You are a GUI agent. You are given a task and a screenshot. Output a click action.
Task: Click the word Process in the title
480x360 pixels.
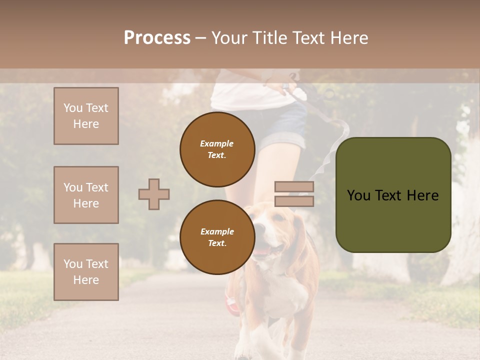[x=157, y=38]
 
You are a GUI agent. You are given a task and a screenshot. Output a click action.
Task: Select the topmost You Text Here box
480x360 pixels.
[x=86, y=116]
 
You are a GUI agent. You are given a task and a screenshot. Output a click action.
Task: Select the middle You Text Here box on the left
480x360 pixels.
[x=86, y=195]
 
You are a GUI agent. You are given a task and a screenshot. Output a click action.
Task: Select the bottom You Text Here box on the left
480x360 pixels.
[x=86, y=271]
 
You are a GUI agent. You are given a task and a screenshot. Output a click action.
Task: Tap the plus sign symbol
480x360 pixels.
[x=154, y=194]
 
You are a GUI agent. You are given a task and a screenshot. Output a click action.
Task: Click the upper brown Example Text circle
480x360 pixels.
[x=217, y=149]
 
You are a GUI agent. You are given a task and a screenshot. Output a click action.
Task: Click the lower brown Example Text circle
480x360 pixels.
[x=217, y=237]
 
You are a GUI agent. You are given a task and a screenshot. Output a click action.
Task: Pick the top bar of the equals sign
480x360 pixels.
[x=294, y=187]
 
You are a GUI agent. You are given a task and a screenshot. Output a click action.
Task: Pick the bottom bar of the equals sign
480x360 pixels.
[x=294, y=201]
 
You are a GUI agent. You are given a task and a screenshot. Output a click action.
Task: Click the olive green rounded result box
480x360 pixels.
[x=393, y=195]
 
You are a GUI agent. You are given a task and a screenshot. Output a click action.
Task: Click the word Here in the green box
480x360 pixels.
[x=422, y=195]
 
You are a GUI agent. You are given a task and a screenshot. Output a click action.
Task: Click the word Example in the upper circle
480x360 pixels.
[x=217, y=143]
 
